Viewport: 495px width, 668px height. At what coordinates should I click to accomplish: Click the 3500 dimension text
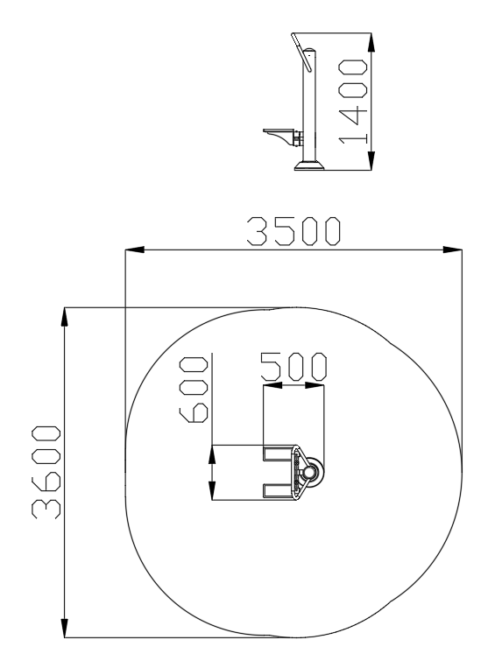pos(293,231)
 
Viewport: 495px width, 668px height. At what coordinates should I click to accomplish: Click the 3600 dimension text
pos(46,472)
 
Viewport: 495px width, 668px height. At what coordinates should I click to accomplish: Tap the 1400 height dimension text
pos(353,102)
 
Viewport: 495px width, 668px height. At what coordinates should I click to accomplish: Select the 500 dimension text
pos(293,366)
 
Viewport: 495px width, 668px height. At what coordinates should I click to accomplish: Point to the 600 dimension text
pos(194,390)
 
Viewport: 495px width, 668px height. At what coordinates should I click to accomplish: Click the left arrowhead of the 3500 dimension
pos(134,250)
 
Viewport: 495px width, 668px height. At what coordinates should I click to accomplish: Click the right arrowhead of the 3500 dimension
pos(452,250)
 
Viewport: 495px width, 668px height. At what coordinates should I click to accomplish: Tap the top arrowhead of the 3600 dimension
pos(64,317)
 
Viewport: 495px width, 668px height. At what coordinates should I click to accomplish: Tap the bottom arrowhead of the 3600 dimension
pos(64,628)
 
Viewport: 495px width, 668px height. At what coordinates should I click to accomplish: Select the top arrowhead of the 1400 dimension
pos(371,42)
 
